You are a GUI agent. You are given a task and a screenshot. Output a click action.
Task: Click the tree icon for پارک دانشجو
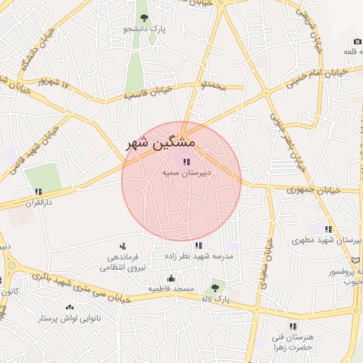pyautogui.click(x=145, y=17)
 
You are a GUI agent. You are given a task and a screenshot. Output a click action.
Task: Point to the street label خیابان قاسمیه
pyautogui.click(x=149, y=91)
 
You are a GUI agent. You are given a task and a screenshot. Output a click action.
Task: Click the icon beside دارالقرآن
pyautogui.click(x=38, y=191)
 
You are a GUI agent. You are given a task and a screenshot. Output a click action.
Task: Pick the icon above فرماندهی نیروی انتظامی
pyautogui.click(x=122, y=245)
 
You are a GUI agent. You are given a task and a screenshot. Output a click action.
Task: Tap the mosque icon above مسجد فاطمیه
pyautogui.click(x=170, y=278)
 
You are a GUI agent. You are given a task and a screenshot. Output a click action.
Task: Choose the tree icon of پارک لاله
pyautogui.click(x=215, y=289)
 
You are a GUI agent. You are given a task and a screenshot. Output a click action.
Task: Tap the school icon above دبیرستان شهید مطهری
pyautogui.click(x=328, y=229)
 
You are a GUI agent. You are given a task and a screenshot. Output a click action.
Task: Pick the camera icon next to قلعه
pyautogui.click(x=357, y=41)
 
